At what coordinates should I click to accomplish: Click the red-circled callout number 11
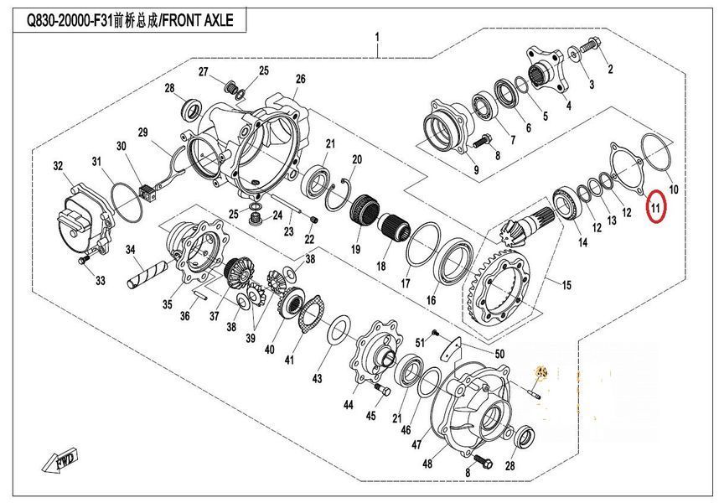click(x=655, y=207)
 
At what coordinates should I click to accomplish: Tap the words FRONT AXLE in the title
click(x=198, y=20)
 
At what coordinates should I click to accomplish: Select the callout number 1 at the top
click(x=377, y=37)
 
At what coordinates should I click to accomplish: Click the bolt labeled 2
click(x=590, y=45)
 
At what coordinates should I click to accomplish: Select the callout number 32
click(x=58, y=165)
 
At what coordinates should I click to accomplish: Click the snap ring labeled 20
click(x=339, y=194)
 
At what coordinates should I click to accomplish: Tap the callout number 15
click(x=566, y=285)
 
